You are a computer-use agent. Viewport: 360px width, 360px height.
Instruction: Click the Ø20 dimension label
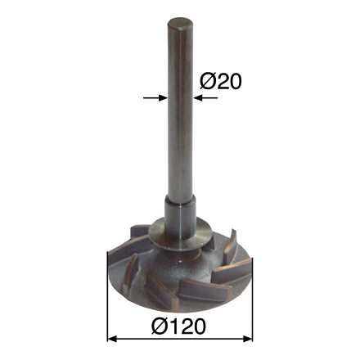(220, 82)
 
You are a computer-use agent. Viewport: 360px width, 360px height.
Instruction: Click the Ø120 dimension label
(178, 326)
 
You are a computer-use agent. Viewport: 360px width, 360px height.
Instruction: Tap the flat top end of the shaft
(180, 23)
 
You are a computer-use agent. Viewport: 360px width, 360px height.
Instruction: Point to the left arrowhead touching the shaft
(163, 97)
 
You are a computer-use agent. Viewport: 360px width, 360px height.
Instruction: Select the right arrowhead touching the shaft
(197, 97)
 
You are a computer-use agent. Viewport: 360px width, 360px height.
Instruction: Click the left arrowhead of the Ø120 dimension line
(112, 339)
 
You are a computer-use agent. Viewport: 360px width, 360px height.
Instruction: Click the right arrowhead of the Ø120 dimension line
(248, 339)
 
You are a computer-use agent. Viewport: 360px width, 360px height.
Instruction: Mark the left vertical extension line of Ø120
(108, 296)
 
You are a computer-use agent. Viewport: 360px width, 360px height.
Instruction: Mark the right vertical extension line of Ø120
(252, 299)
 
